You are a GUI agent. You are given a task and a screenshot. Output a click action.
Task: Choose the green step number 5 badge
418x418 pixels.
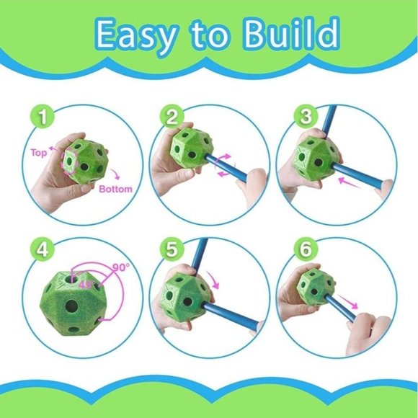click(172, 250)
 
